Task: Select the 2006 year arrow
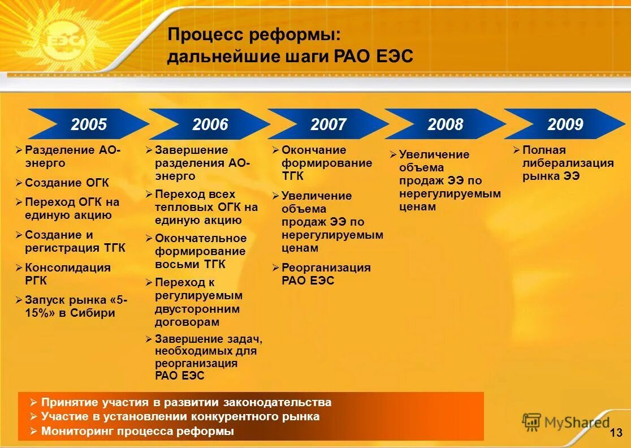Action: (x=210, y=124)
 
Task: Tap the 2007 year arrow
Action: (x=328, y=124)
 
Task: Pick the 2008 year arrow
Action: (x=445, y=124)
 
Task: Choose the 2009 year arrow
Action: (x=565, y=124)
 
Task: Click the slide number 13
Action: (x=616, y=433)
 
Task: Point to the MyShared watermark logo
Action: (x=565, y=422)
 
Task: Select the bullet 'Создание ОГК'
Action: (x=67, y=183)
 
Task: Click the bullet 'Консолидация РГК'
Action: (x=68, y=274)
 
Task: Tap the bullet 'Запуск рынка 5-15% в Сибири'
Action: (x=76, y=306)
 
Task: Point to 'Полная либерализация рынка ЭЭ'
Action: (x=567, y=163)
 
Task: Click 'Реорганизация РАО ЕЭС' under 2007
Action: (x=326, y=274)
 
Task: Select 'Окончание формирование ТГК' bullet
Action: (x=326, y=163)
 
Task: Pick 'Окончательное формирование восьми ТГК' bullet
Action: (x=200, y=251)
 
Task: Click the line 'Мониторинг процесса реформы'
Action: (x=137, y=431)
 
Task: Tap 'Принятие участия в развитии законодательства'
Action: (x=186, y=403)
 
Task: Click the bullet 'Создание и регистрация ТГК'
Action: (x=75, y=242)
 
